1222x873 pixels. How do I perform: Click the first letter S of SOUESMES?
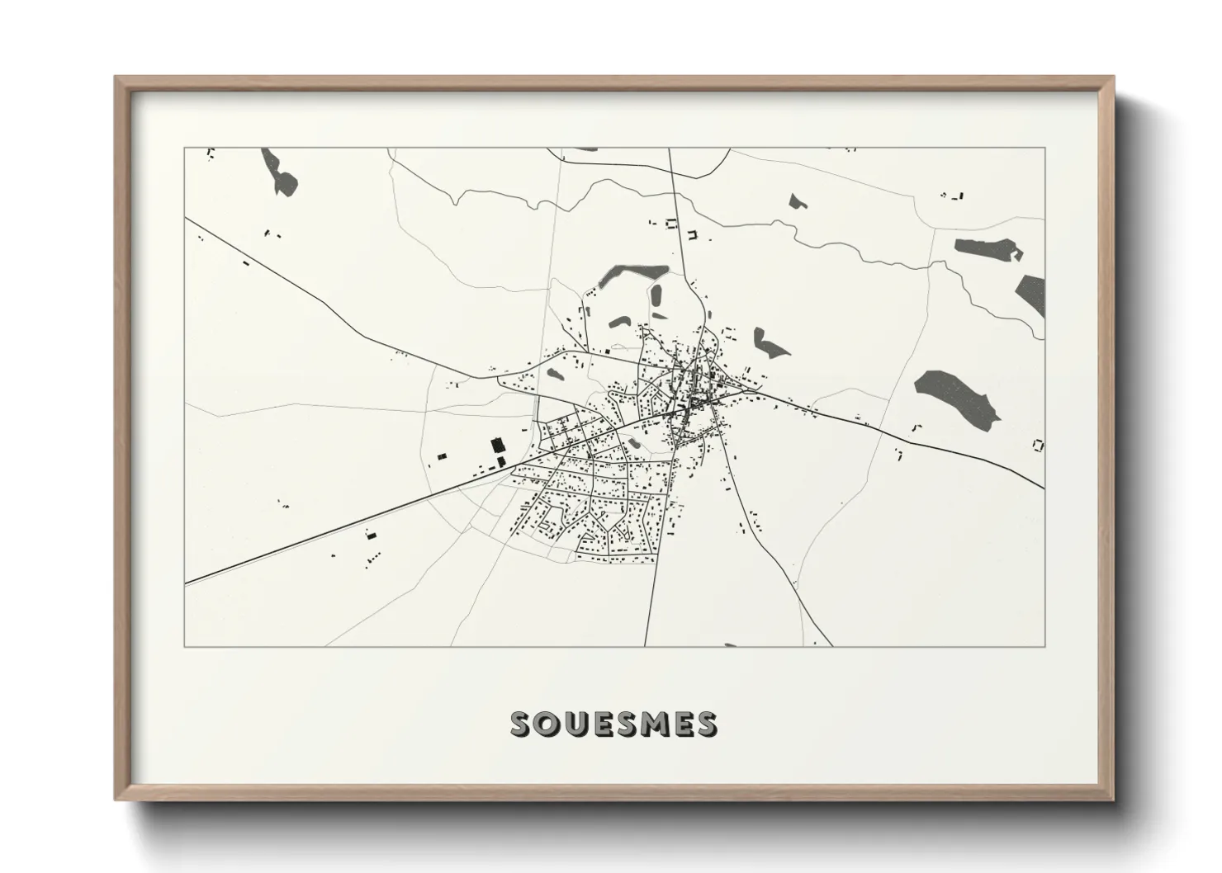point(521,724)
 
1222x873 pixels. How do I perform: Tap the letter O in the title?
point(548,724)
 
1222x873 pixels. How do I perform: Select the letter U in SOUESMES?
point(575,724)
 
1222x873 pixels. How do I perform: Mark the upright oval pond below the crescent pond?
point(658,296)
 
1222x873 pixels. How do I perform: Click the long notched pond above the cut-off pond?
point(988,248)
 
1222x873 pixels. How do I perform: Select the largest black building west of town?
point(497,446)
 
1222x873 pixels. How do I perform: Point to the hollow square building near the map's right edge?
point(1038,446)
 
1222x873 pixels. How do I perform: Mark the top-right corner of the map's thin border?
point(1044,148)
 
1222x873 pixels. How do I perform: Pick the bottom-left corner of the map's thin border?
point(184,646)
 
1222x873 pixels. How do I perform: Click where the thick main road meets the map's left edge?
point(186,583)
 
